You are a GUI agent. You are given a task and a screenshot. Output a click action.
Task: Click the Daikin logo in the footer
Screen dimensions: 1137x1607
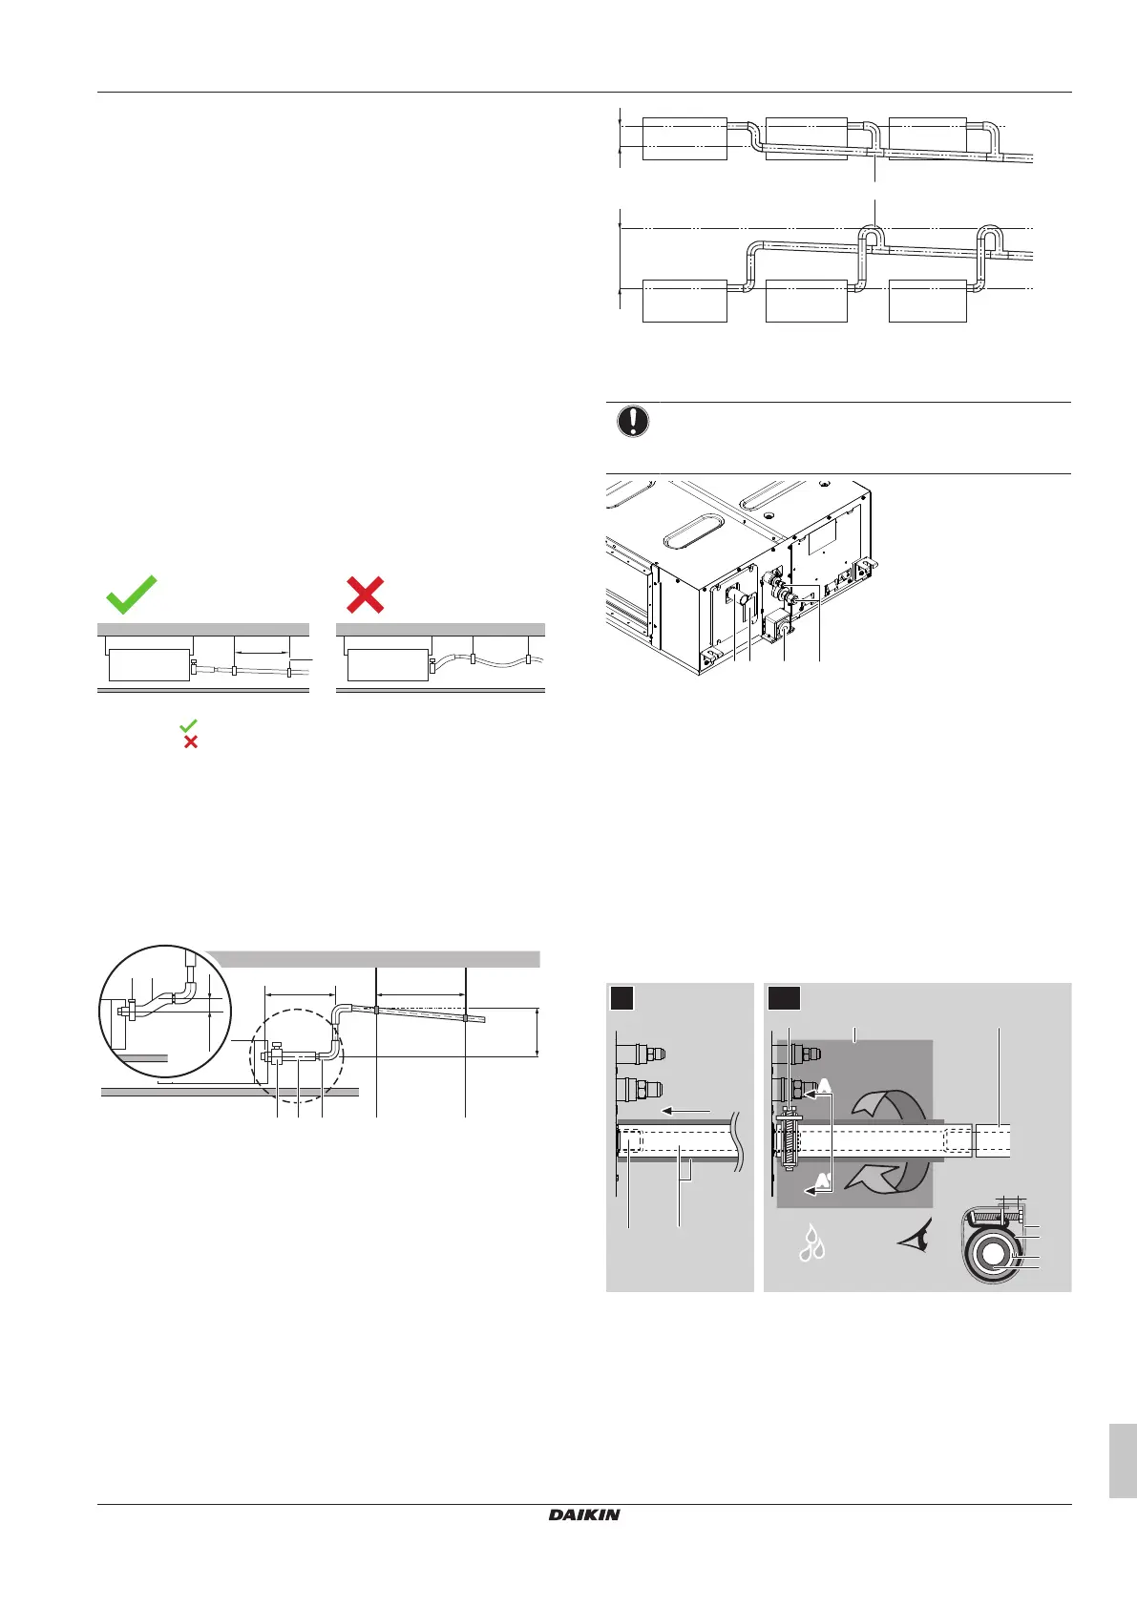pos(584,1514)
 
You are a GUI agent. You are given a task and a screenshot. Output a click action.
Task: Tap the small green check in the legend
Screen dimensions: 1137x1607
pos(188,726)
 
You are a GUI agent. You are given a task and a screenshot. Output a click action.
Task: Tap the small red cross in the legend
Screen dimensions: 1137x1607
pos(190,741)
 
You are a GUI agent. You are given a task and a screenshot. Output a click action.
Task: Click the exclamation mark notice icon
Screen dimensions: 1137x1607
pos(633,421)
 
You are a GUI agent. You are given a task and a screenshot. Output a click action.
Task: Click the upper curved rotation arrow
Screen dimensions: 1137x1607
pos(890,1105)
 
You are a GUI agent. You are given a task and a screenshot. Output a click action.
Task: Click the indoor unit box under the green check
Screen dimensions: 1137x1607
pos(149,664)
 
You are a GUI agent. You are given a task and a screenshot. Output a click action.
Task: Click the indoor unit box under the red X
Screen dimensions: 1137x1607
pos(387,664)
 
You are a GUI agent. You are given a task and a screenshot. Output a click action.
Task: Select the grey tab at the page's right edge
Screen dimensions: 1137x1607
pos(1123,1461)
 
